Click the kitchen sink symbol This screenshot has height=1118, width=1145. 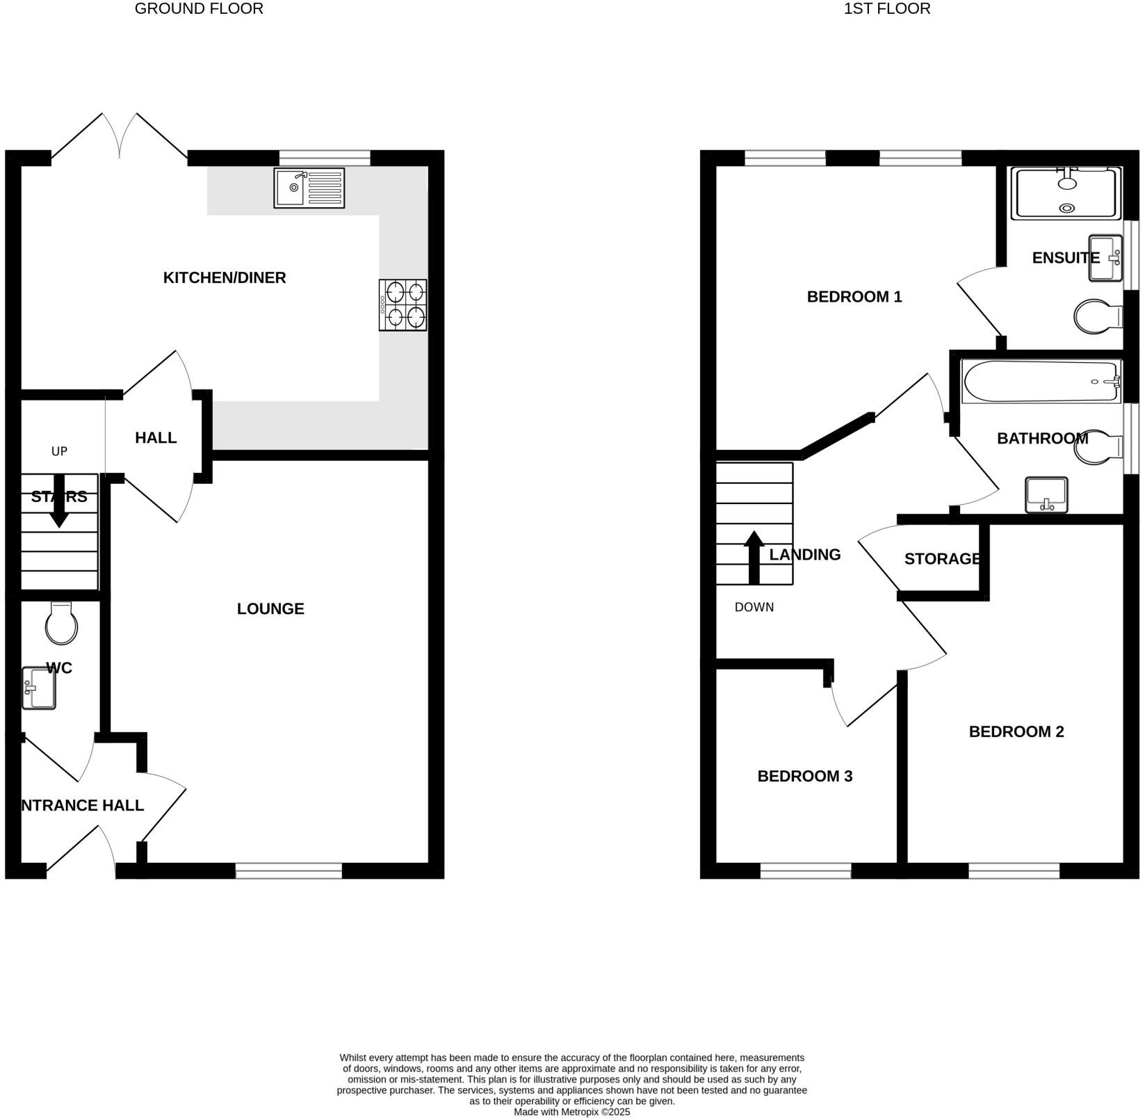tap(309, 188)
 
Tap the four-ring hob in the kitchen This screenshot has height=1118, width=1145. tap(403, 305)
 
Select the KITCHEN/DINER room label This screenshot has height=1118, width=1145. tap(225, 278)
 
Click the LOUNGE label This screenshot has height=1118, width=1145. tap(270, 609)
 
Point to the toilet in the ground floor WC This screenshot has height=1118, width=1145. tap(61, 624)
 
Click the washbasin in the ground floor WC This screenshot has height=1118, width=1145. tap(38, 688)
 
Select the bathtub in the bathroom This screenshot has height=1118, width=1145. tap(1041, 381)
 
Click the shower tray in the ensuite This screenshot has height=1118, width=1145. tap(1065, 193)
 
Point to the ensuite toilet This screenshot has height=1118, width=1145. tap(1098, 317)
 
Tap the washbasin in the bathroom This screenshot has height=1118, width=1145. tap(1046, 496)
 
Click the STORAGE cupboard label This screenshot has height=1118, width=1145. tap(942, 559)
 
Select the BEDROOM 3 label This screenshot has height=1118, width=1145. tap(804, 777)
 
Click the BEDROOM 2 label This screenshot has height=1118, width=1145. tap(1016, 732)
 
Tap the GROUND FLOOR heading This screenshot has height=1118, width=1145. tap(199, 9)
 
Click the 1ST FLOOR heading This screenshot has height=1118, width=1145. tap(886, 9)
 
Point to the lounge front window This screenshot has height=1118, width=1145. tap(289, 870)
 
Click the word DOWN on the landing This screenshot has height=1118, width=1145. tap(754, 608)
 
